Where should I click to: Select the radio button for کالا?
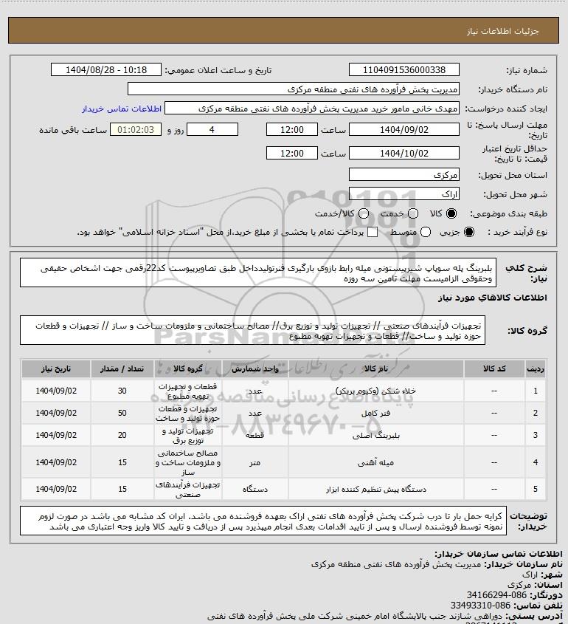(x=452, y=213)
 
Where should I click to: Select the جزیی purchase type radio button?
(x=481, y=233)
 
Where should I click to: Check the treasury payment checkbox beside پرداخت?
(x=373, y=233)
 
